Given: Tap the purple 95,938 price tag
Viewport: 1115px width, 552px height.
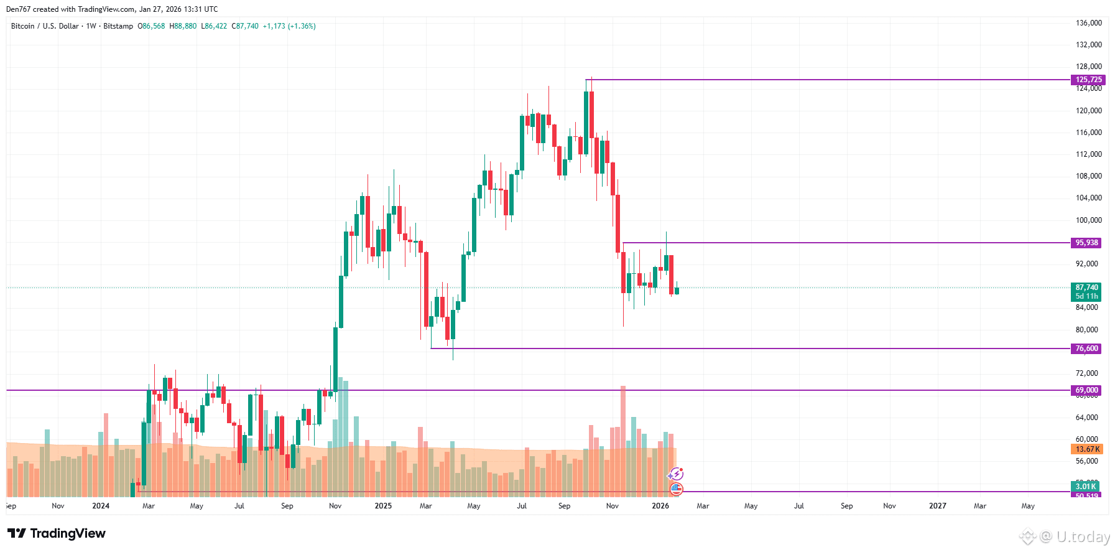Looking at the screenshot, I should [x=1086, y=243].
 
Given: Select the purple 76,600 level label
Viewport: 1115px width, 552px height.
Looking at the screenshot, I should [x=1086, y=349].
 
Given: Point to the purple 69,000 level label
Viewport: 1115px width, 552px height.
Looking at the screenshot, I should [x=1086, y=390].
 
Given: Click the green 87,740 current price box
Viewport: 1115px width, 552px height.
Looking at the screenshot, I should [x=1086, y=288].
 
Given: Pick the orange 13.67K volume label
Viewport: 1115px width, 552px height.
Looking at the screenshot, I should [x=1087, y=449].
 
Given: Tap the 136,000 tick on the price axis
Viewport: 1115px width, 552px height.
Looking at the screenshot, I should [x=1088, y=23].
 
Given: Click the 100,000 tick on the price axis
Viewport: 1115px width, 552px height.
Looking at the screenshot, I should [x=1088, y=220].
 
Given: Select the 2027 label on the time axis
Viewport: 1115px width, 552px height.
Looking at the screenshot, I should [x=937, y=506].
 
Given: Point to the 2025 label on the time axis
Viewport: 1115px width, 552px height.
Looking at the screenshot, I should [x=383, y=506].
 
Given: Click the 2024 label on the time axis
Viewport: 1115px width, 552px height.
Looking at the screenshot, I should [x=101, y=506].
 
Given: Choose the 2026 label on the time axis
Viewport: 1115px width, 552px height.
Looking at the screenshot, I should [x=660, y=506].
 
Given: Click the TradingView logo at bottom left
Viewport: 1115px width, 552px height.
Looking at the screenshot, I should [x=57, y=533].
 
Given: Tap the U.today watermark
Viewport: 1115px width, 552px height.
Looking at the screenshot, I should [x=1065, y=536].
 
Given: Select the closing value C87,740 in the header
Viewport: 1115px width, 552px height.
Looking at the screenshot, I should [x=245, y=26].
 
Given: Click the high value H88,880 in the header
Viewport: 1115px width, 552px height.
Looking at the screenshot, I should [x=183, y=26].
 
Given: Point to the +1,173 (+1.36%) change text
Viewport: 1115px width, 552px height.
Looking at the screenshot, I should [x=289, y=26].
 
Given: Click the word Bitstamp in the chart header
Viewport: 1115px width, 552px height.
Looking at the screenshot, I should [x=118, y=26].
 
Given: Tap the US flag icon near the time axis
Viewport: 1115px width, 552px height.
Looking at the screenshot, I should [x=676, y=489].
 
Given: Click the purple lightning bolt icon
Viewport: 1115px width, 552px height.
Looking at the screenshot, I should [x=675, y=475].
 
